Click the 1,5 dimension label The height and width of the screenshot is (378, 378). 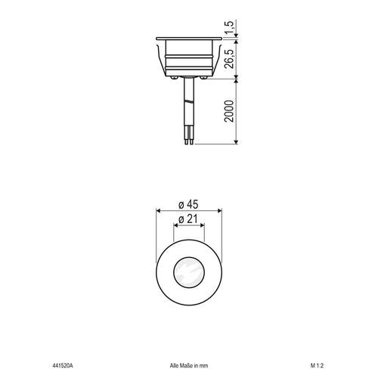(229, 27)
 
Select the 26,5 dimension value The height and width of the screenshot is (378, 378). (229, 59)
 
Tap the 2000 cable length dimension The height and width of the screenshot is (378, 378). (229, 111)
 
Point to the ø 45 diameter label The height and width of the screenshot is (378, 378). (188, 204)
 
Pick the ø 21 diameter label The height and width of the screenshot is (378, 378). (188, 219)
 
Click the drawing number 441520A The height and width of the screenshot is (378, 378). (63, 366)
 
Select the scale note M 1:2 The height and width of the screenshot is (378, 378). (317, 366)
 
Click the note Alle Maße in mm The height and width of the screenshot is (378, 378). (189, 366)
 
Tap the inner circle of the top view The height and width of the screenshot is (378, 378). (189, 258)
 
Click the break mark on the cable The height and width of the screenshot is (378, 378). (189, 102)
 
